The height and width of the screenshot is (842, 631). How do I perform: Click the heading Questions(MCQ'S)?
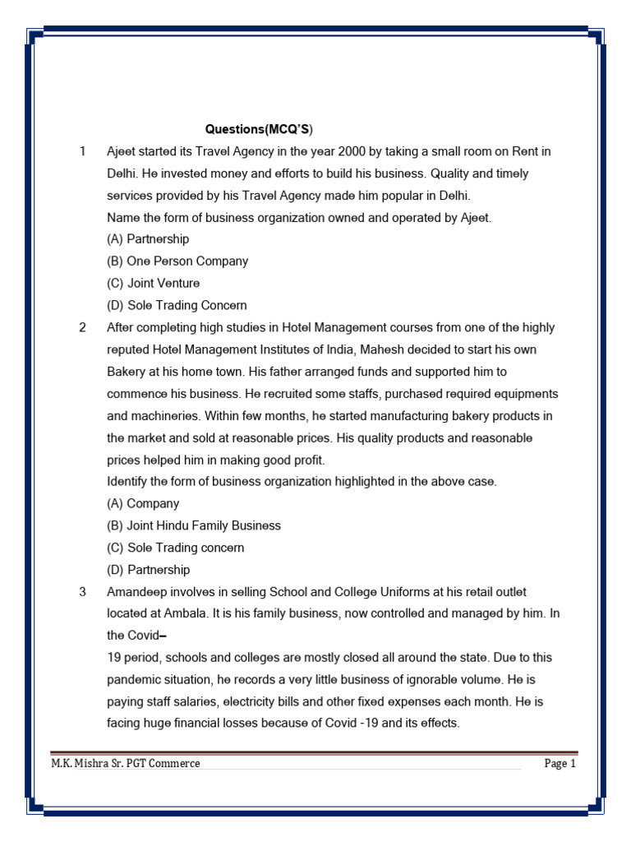coord(259,130)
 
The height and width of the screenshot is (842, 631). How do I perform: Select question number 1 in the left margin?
coord(82,151)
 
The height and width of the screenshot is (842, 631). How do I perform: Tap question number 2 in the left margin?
coord(82,327)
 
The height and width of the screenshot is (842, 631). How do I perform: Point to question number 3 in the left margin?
coord(82,592)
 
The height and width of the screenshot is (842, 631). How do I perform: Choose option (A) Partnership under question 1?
coord(148,239)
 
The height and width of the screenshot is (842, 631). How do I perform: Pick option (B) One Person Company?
coord(177,261)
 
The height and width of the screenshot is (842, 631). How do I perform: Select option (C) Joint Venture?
coord(154,284)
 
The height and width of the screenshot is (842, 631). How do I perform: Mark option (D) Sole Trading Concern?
coord(177,305)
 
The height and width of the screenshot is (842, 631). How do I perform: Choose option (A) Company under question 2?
coord(143,503)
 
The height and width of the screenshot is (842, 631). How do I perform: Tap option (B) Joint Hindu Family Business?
coord(194,525)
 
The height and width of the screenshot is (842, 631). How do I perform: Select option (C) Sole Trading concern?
coord(176,548)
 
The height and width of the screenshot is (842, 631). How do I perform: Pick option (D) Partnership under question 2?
coord(148,570)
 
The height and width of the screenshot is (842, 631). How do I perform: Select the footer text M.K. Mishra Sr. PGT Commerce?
coord(126,764)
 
